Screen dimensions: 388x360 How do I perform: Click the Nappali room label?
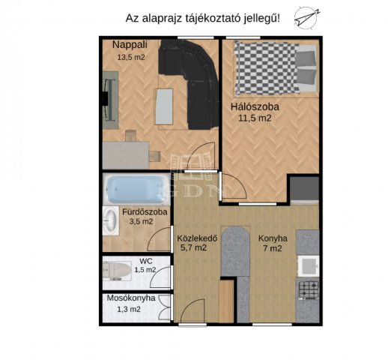pos(130,45)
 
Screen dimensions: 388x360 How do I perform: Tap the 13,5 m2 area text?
pos(131,57)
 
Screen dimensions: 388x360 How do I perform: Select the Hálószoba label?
pos(255,107)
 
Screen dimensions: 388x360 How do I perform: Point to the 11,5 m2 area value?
pos(255,118)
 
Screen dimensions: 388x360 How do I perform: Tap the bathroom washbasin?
pos(111,221)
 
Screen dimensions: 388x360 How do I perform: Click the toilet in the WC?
pos(117,271)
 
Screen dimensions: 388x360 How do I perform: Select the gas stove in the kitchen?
pos(309,289)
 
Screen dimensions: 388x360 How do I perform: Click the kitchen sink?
pos(308,265)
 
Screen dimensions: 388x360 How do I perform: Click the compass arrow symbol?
pos(307,18)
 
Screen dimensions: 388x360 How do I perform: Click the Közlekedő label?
pos(197,238)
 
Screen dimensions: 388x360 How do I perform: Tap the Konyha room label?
pos(273,238)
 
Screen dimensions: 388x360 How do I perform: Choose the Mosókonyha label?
pos(131,298)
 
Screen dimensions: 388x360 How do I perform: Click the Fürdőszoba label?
pos(145,212)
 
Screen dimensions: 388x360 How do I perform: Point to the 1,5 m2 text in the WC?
pos(145,270)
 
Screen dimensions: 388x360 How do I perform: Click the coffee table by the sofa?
pos(164,106)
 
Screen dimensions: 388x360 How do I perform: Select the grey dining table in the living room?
pos(126,155)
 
